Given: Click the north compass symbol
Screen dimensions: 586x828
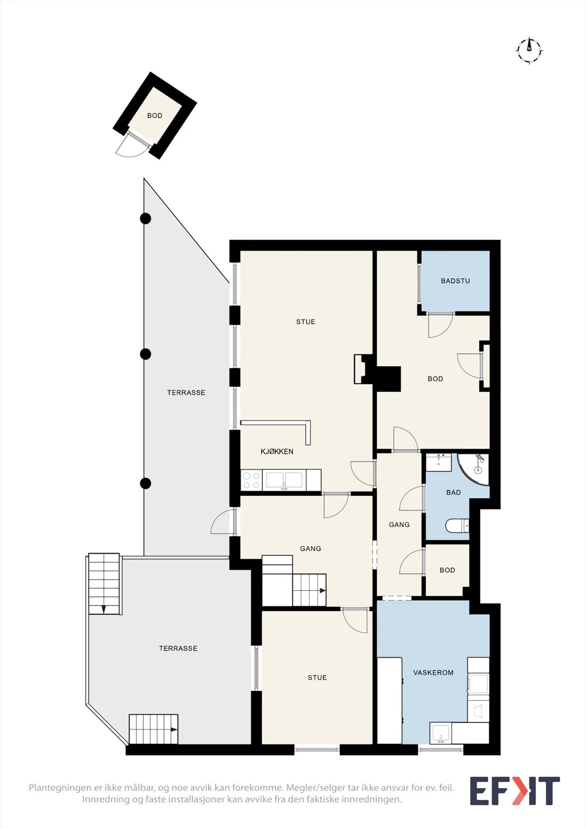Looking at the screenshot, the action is (530, 50).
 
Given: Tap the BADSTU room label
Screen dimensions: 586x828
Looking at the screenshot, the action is (455, 281).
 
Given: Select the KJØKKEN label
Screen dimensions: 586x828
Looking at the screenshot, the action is (277, 451).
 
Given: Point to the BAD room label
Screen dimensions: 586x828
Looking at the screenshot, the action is (453, 492).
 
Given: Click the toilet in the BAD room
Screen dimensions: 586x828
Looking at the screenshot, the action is (458, 525).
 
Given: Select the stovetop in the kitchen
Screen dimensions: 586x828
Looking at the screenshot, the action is (251, 480).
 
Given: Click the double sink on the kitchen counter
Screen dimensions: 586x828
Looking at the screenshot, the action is (284, 480).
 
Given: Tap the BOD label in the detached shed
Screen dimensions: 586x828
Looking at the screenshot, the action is (155, 116).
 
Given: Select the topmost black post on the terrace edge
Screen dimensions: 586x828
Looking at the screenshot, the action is (146, 218).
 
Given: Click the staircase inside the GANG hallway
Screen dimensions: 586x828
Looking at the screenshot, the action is (294, 581).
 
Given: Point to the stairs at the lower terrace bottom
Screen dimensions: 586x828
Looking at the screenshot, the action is (153, 729).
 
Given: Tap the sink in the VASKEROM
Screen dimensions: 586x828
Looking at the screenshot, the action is (440, 733).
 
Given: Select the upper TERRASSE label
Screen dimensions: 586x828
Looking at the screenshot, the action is (186, 393).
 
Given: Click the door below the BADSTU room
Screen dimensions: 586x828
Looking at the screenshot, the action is (441, 326).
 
